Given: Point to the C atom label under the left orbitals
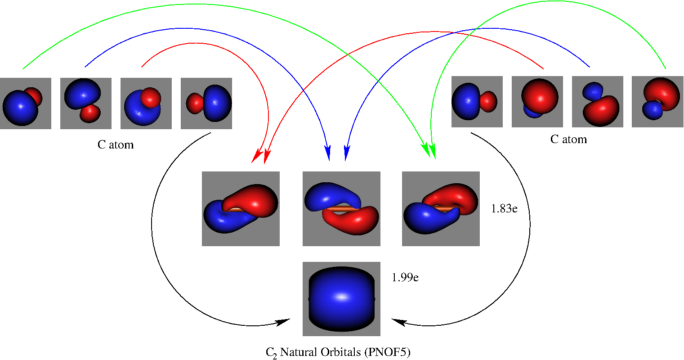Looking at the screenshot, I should (116, 145).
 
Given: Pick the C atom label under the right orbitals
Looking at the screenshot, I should (568, 139).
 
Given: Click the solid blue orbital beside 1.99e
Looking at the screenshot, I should (341, 299).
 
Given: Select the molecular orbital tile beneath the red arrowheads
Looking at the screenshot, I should (241, 209).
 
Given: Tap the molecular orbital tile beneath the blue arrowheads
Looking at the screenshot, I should (341, 209).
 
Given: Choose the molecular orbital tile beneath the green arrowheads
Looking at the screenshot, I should (441, 209).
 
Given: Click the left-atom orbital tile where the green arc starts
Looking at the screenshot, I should (25, 103).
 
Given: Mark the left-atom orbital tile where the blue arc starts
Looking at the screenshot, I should (86, 103).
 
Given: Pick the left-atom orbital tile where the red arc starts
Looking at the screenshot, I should (146, 103).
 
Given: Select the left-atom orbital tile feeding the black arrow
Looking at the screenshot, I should (206, 103).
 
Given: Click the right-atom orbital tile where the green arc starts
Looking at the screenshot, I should (657, 102).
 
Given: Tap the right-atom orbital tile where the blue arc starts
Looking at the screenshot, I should (597, 102).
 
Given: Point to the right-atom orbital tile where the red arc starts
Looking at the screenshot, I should (537, 102).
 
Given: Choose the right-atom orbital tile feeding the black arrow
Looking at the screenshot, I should (477, 102).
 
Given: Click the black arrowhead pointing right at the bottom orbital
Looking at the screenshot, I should (283, 322).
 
